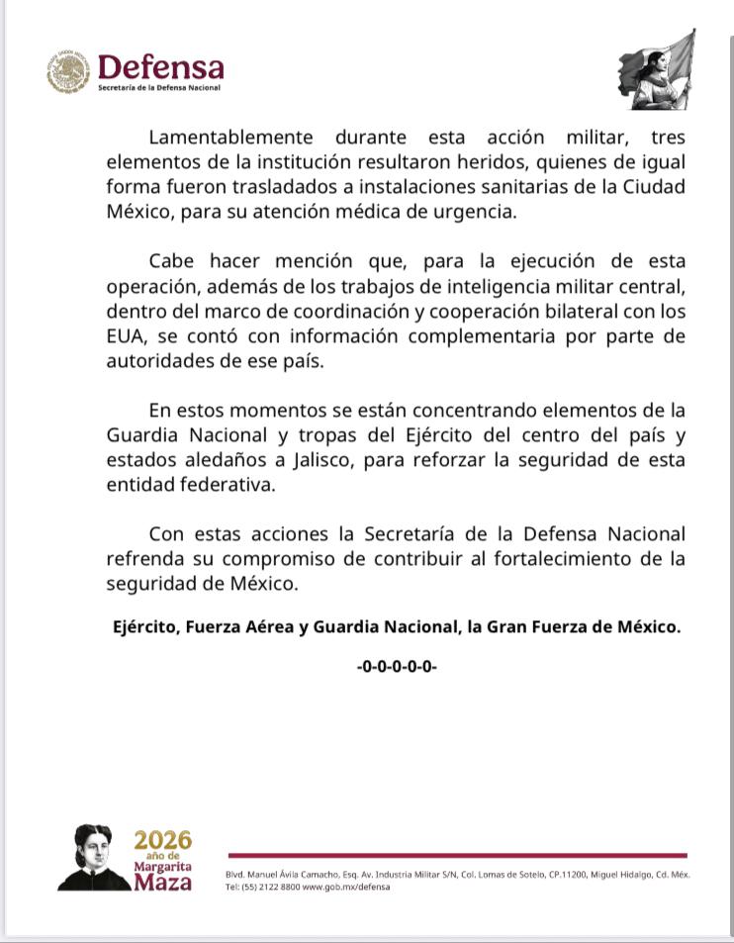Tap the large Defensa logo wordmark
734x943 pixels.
click(x=160, y=67)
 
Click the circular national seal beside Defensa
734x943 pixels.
click(x=67, y=72)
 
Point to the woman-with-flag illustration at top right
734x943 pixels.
click(x=657, y=71)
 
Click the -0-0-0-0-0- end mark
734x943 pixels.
click(x=397, y=667)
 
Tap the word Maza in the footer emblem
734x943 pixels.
click(x=163, y=882)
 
